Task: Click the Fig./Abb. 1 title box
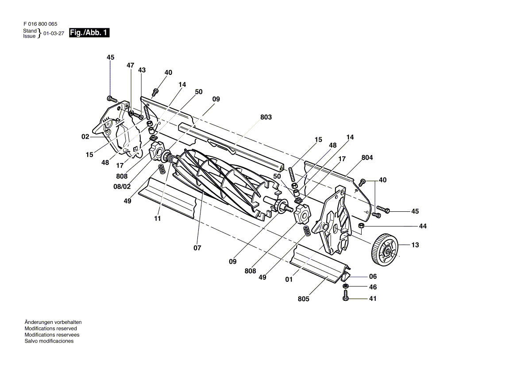point(89,33)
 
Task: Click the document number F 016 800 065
point(40,24)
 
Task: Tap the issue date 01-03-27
point(54,34)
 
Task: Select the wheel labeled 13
point(385,249)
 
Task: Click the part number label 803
point(266,117)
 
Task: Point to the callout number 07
point(197,248)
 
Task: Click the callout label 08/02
point(122,187)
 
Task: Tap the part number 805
point(303,299)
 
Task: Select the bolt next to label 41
point(346,296)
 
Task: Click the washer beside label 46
point(346,285)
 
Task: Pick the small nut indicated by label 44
point(361,226)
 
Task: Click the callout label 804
point(367,158)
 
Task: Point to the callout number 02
point(85,136)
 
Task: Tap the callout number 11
point(157,218)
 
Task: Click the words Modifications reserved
point(51,329)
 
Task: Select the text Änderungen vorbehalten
point(53,323)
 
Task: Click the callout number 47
point(131,65)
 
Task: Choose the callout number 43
point(142,70)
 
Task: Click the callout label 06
point(373,276)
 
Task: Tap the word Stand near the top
point(30,31)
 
